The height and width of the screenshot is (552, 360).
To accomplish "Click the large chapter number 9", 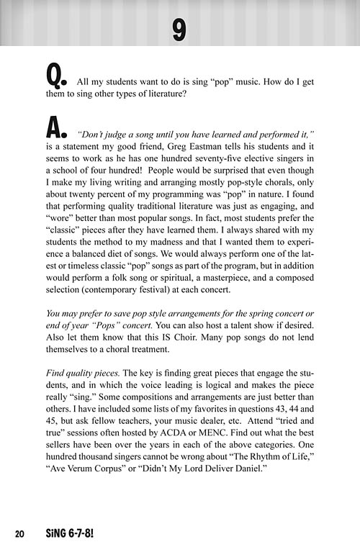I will pos(179,29).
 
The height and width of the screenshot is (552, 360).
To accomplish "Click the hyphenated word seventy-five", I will pos(220,166).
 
